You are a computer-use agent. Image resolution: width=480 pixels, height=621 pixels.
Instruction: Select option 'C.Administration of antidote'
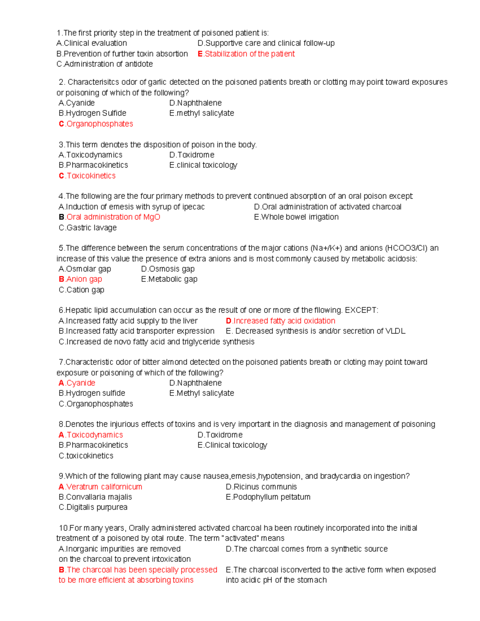pos(105,64)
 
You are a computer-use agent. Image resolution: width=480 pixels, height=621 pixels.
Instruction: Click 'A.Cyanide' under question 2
pos(77,103)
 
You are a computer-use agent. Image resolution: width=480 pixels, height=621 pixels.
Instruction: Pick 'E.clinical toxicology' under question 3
pos(203,165)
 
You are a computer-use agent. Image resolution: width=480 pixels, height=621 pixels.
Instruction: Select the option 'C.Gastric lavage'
pos(88,228)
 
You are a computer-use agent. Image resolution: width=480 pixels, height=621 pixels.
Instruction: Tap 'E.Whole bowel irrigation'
pos(296,217)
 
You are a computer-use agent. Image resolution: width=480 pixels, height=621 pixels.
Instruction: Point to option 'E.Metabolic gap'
pos(169,279)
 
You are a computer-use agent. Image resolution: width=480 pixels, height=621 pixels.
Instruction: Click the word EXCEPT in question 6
pos(361,310)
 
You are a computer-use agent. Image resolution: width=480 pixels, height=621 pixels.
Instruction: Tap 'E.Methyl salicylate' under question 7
pos(202,393)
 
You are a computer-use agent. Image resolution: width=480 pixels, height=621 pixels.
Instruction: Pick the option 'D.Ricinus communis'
pos(261,487)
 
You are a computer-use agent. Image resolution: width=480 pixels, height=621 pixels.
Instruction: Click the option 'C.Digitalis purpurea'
pos(93,507)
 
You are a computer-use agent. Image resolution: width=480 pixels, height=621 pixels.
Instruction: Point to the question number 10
pos(64,528)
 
